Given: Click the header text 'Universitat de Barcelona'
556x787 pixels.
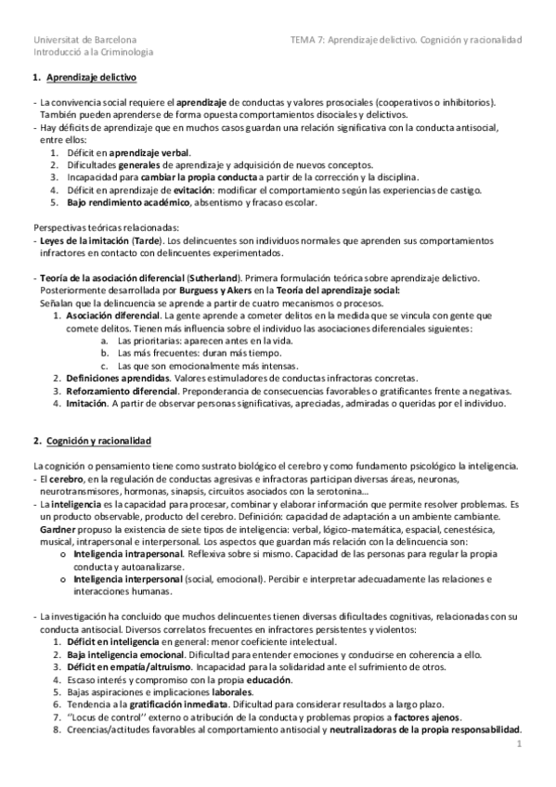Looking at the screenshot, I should pos(84,40).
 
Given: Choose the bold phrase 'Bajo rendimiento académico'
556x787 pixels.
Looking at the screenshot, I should pos(125,202).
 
